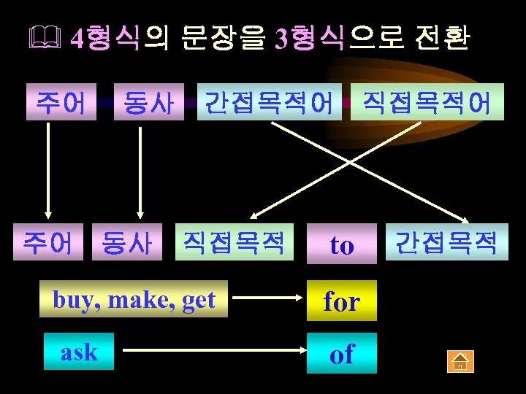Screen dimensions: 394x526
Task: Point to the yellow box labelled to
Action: coord(341,244)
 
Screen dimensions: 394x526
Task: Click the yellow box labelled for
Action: coord(341,300)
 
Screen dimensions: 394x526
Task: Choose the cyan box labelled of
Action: coord(341,354)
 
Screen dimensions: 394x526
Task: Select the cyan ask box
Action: coord(79,352)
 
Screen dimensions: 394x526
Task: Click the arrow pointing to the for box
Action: coord(270,299)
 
